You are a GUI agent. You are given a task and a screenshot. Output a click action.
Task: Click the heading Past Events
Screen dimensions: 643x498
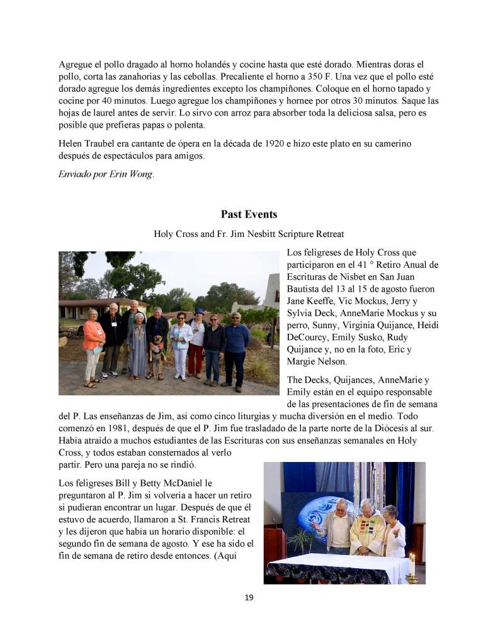(x=249, y=214)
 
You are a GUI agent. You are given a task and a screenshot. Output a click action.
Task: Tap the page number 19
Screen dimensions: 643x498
(x=249, y=597)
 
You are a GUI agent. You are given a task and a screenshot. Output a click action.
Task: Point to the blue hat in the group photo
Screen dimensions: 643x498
(x=199, y=311)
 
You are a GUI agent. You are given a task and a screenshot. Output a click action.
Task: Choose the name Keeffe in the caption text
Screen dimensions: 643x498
(x=321, y=300)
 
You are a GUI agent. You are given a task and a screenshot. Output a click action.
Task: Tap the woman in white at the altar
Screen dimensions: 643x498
(x=394, y=531)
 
